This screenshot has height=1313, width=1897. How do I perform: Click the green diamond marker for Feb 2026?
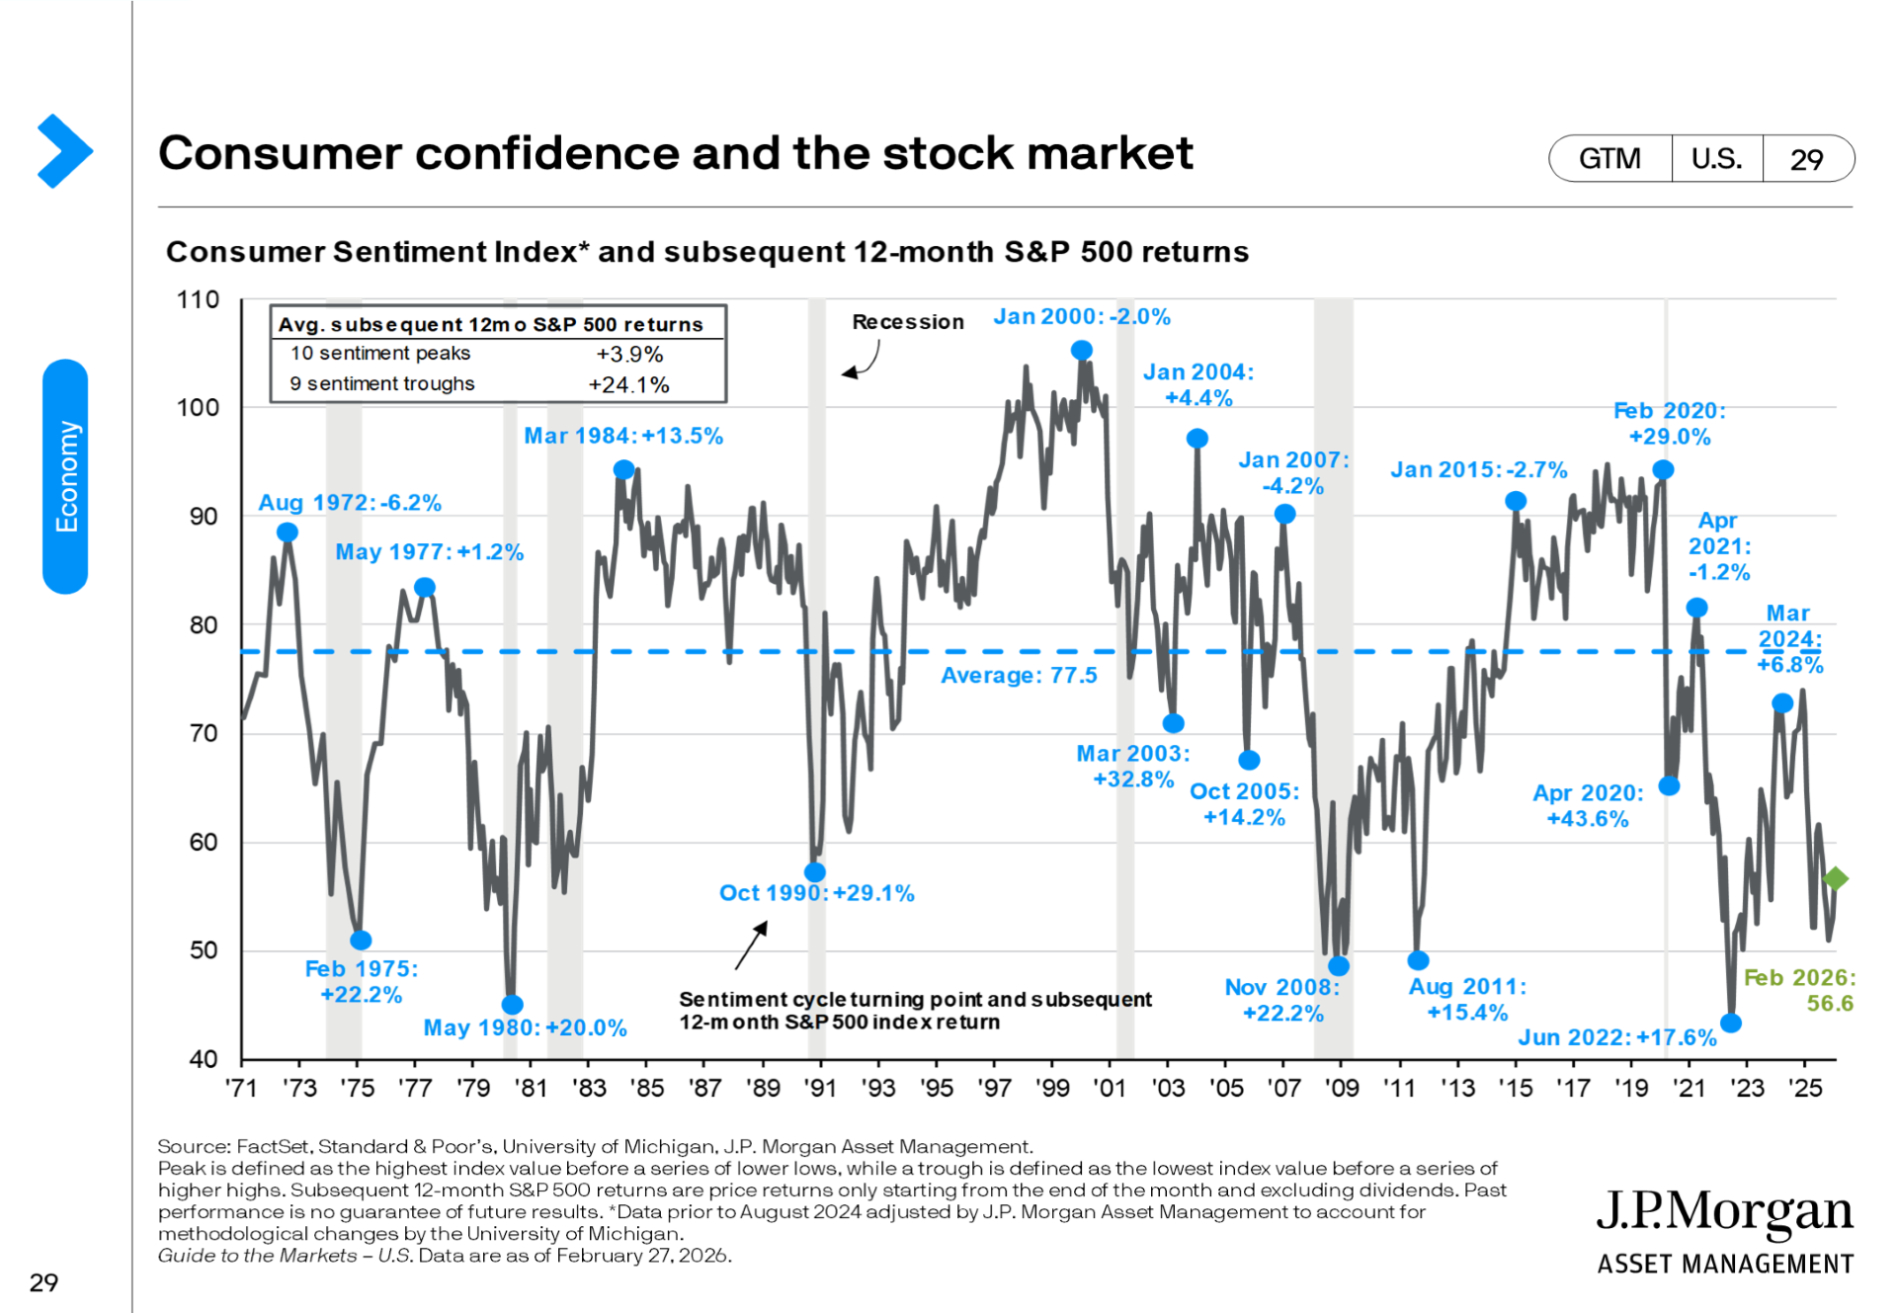1835,877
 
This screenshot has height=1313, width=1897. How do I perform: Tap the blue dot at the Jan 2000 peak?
1082,350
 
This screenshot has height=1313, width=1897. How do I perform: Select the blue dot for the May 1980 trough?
512,1004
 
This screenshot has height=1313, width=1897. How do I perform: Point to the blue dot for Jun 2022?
1730,1023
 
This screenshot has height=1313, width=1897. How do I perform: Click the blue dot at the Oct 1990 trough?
815,871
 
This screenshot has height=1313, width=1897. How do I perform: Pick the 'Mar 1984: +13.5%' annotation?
622,436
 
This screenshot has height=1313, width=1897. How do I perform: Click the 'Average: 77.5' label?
1018,676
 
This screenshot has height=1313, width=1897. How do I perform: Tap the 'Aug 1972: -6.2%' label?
349,503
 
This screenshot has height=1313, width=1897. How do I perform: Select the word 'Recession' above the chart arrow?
907,322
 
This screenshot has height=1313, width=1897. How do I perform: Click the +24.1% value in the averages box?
628,384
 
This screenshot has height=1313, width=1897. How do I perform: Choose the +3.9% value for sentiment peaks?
628,354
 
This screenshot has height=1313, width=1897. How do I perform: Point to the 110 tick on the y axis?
198,299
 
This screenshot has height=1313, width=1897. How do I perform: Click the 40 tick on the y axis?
203,1059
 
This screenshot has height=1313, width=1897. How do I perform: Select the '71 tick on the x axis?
241,1088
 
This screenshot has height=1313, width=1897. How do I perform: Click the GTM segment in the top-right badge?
1609,159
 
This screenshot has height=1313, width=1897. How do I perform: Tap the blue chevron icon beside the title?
64,151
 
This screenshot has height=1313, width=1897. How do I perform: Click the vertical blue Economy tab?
65,476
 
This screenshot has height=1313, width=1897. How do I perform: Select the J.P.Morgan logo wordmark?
1724,1211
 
